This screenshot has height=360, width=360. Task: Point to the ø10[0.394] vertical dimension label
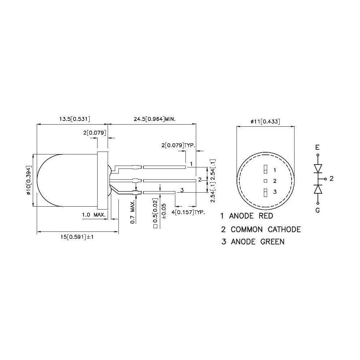click(x=29, y=181)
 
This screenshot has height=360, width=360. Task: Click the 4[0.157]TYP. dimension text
click(x=188, y=212)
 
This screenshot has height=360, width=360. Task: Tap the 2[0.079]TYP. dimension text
click(x=178, y=145)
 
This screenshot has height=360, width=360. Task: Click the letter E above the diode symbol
click(x=317, y=147)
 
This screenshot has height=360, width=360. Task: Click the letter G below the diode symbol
click(x=317, y=211)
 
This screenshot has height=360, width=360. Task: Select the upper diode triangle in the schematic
click(x=318, y=168)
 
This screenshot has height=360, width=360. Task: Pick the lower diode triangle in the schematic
click(x=318, y=189)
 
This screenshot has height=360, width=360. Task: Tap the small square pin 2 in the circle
click(x=265, y=181)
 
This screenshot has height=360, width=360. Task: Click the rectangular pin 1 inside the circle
click(x=265, y=170)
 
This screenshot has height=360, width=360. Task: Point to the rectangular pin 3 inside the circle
click(x=265, y=192)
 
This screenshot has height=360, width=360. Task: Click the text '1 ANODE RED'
click(x=247, y=216)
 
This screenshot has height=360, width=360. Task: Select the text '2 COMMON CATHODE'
click(x=261, y=229)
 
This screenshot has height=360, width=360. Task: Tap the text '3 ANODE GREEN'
click(x=253, y=242)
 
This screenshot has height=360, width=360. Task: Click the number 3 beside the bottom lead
click(x=182, y=190)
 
